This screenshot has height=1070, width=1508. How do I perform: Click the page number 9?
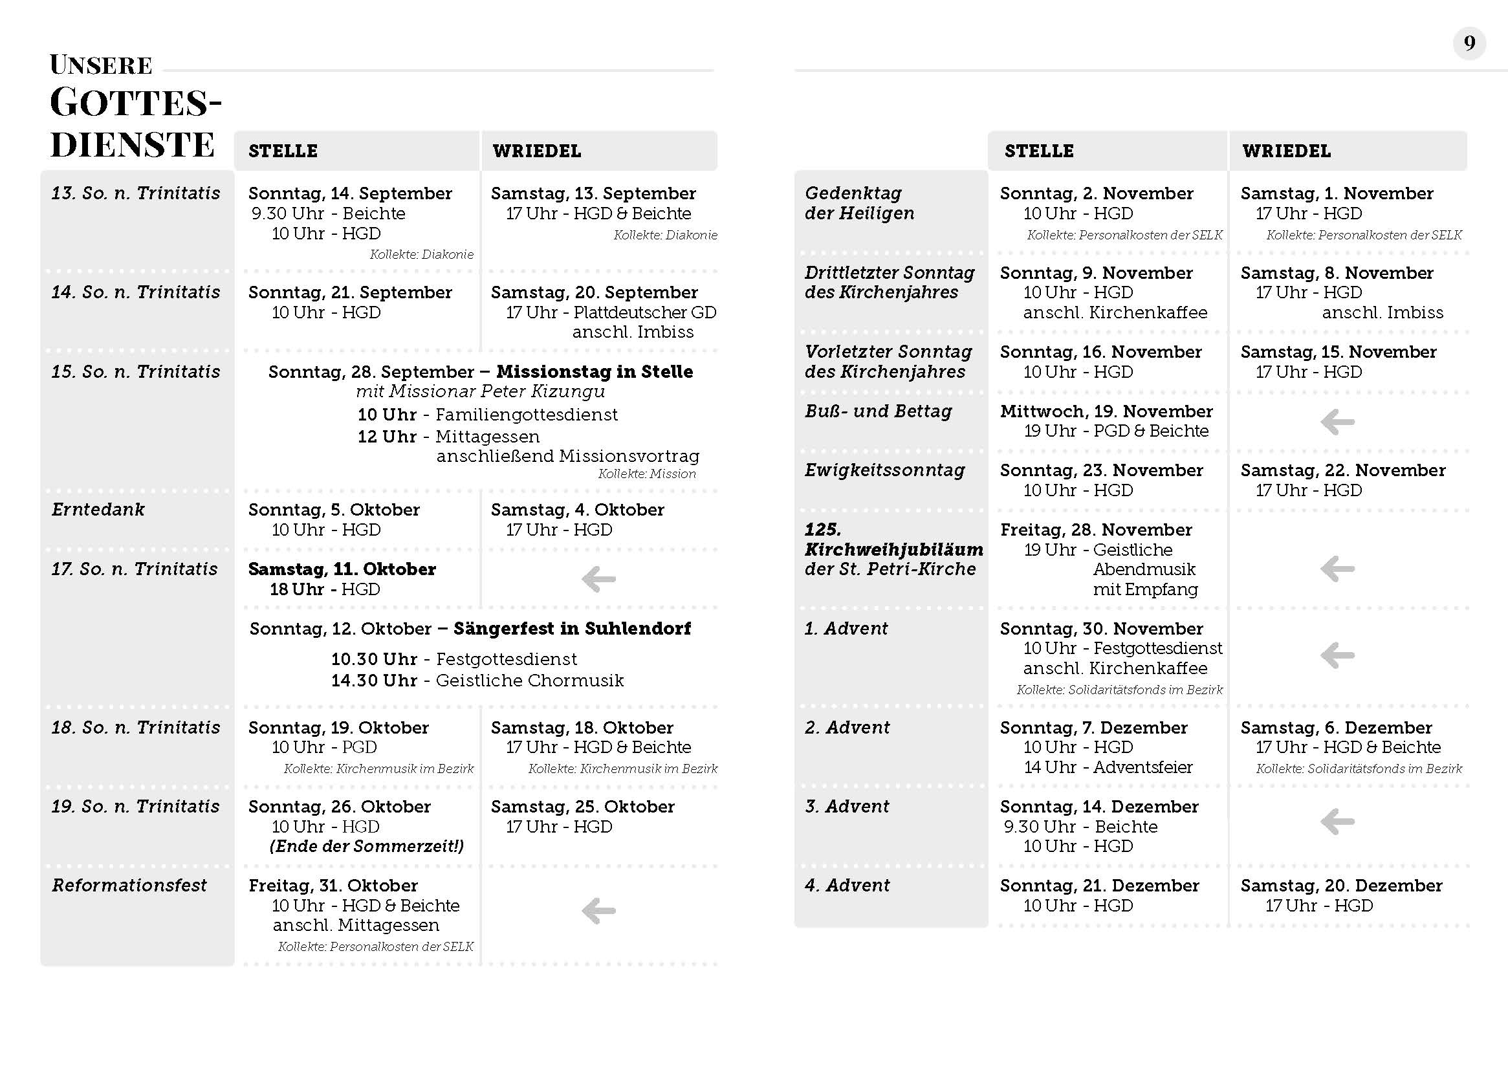(1469, 44)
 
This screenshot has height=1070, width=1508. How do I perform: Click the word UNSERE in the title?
(101, 65)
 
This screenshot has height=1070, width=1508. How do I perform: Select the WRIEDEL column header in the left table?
(536, 151)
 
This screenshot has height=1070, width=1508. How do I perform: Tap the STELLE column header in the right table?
(1038, 151)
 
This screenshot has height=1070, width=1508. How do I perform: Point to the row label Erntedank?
(98, 509)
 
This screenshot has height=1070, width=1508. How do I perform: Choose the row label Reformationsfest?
(129, 885)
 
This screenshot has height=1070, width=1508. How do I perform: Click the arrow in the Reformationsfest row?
(598, 912)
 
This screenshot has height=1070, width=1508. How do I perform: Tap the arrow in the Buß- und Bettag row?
(1337, 422)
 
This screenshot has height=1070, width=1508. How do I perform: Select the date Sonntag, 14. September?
(350, 193)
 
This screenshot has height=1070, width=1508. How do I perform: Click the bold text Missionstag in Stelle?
(595, 371)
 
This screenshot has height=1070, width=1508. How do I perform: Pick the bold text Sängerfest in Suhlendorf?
(572, 629)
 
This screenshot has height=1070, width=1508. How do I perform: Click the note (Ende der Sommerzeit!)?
(366, 846)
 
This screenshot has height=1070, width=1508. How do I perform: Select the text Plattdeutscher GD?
(644, 312)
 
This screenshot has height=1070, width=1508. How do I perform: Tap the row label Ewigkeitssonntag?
(884, 470)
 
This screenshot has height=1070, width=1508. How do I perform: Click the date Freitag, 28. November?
(1096, 530)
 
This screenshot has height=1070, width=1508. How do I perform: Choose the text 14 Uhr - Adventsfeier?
(1108, 767)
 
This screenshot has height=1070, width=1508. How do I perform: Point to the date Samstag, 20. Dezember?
(1340, 886)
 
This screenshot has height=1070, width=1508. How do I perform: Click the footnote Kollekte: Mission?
(646, 474)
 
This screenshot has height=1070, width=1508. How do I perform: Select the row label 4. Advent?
(847, 886)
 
